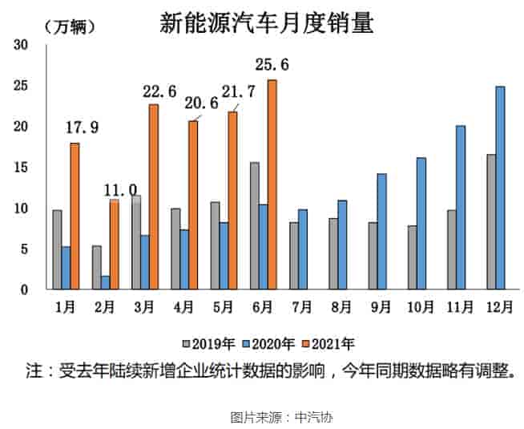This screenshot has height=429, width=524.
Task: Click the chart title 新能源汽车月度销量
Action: (267, 23)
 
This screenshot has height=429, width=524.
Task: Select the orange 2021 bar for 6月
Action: (272, 184)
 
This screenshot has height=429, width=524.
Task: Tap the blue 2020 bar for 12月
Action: (500, 188)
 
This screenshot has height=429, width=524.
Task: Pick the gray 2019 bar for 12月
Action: (490, 221)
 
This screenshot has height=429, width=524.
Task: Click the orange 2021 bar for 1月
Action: (75, 216)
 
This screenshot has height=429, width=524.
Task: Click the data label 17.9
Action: (83, 127)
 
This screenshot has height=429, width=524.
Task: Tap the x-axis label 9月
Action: (381, 307)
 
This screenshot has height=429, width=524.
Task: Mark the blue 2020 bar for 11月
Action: (460, 208)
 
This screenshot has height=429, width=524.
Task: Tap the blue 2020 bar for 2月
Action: (105, 282)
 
